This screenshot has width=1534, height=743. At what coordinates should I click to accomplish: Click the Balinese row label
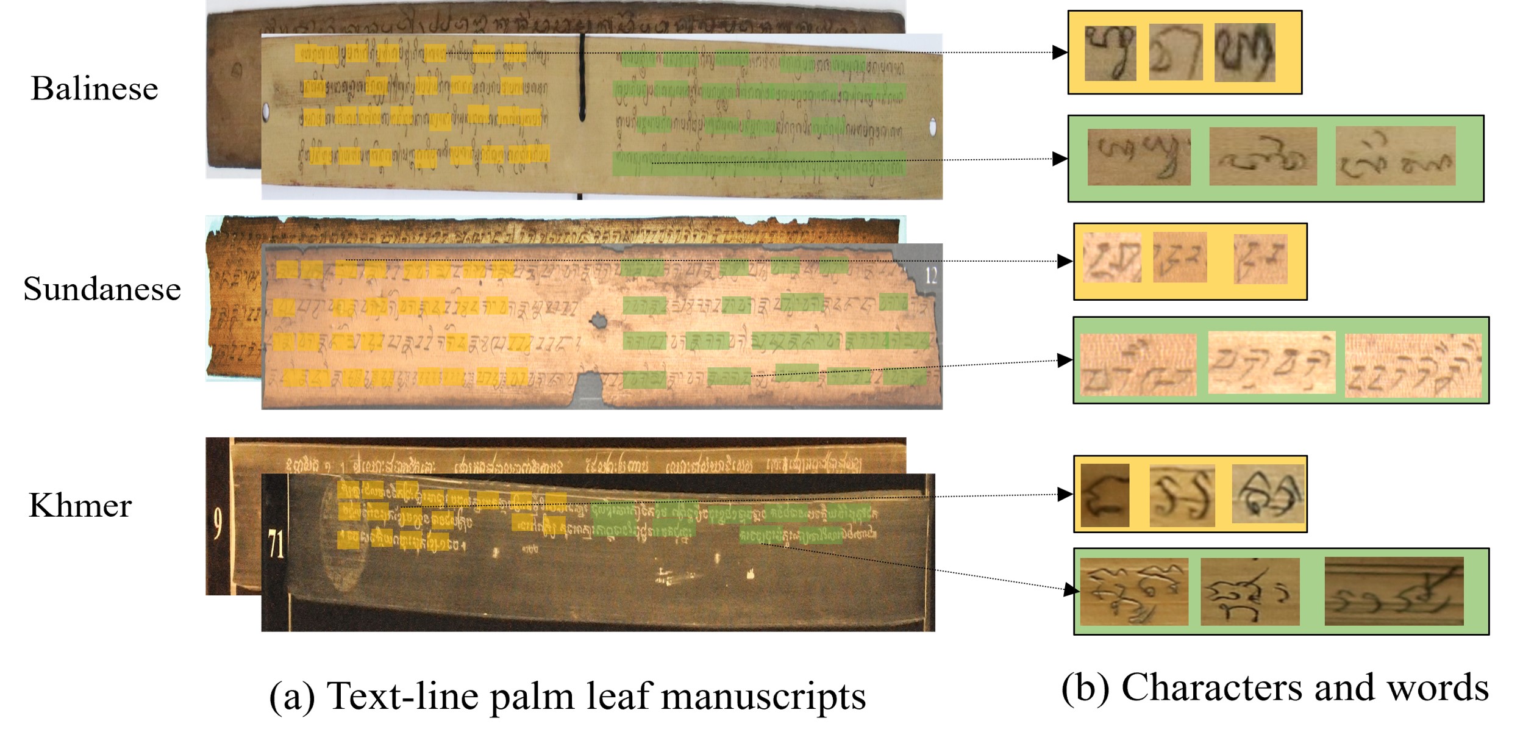point(95,89)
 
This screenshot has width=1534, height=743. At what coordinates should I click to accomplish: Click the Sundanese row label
point(102,289)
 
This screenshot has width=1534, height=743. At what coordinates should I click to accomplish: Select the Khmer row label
point(80,506)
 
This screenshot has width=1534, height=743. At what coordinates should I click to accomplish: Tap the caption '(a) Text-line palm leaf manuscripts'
point(567,696)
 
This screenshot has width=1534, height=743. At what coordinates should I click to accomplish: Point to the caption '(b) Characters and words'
point(1274,688)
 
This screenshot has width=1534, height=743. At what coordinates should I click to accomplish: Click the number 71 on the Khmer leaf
point(276,544)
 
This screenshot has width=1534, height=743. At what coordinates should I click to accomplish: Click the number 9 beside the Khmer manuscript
point(218,525)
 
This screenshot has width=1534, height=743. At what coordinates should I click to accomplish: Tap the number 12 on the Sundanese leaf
point(931,276)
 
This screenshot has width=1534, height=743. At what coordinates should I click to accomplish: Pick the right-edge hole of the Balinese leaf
point(932,127)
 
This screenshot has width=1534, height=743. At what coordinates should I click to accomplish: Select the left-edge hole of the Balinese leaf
point(266,112)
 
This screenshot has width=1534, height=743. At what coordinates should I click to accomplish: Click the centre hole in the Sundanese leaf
point(598,320)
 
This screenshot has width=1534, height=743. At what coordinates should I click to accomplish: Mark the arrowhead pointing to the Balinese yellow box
point(1060,52)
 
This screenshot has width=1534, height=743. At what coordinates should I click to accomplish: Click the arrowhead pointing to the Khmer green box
point(1071,590)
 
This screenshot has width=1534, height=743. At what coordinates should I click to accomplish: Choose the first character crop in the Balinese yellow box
point(1110,53)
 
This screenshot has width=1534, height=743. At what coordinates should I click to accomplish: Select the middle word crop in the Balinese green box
point(1263,157)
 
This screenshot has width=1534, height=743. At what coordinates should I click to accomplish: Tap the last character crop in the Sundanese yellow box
point(1260,259)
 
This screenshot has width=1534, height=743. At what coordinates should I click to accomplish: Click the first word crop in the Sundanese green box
point(1138,365)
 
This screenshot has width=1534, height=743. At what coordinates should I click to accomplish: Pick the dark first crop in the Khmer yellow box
point(1104,495)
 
